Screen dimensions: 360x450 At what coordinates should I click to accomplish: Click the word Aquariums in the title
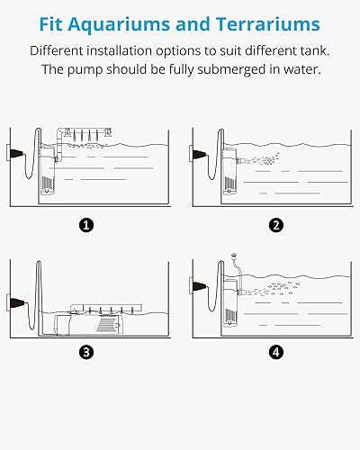tap(120, 25)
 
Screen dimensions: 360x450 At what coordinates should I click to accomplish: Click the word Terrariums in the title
tap(268, 24)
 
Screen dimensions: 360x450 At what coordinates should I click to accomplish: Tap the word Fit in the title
tap(50, 24)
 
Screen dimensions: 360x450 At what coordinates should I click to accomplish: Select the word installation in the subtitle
tap(120, 50)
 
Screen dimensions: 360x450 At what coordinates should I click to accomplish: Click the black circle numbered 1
tap(86, 225)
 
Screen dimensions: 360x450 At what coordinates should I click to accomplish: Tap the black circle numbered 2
tap(276, 225)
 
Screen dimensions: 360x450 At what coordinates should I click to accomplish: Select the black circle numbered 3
tap(86, 352)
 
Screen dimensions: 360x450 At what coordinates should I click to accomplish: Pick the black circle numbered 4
tap(276, 352)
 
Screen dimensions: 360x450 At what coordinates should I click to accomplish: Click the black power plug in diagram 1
tap(16, 153)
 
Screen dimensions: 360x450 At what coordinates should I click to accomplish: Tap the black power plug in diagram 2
tap(199, 155)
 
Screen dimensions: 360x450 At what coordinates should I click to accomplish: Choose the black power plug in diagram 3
tap(16, 302)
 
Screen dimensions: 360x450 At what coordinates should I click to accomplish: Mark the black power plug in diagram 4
tap(199, 286)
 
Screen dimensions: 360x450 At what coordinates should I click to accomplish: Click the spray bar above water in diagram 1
tap(85, 132)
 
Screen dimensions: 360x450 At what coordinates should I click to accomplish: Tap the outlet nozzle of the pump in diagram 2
tap(241, 161)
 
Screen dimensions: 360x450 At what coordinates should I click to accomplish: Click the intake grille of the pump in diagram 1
tap(47, 183)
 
